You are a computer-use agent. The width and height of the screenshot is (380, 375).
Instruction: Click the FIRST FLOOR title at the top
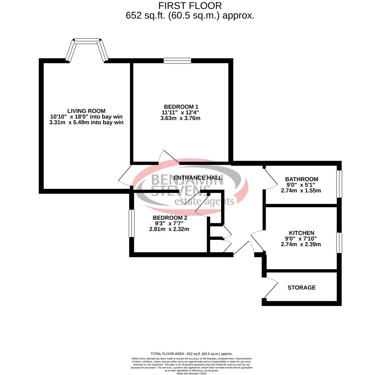point(190,6)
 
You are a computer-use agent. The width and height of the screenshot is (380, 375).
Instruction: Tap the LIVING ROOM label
point(86,111)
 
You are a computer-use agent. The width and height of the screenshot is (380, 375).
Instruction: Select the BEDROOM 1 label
point(181,107)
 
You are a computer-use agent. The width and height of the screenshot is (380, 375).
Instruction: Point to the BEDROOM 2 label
point(170,218)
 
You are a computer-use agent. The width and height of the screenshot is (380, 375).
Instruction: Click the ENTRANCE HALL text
point(197,178)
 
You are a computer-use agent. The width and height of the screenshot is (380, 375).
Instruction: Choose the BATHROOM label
point(301,179)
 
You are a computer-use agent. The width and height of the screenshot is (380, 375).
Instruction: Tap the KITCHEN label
point(301,233)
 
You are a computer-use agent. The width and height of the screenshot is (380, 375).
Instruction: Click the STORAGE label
point(301,287)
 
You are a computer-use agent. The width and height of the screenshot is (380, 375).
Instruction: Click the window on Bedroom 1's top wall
point(177,61)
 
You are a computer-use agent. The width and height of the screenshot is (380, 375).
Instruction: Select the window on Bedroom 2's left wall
point(131,223)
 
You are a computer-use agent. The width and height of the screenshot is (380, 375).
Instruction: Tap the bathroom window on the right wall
point(339,184)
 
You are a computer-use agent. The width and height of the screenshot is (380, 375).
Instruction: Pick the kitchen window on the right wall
point(339,243)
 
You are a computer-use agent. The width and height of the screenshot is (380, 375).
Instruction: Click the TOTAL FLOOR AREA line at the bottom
point(192,354)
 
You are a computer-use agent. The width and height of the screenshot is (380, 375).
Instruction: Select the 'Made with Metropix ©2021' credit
point(192,374)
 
